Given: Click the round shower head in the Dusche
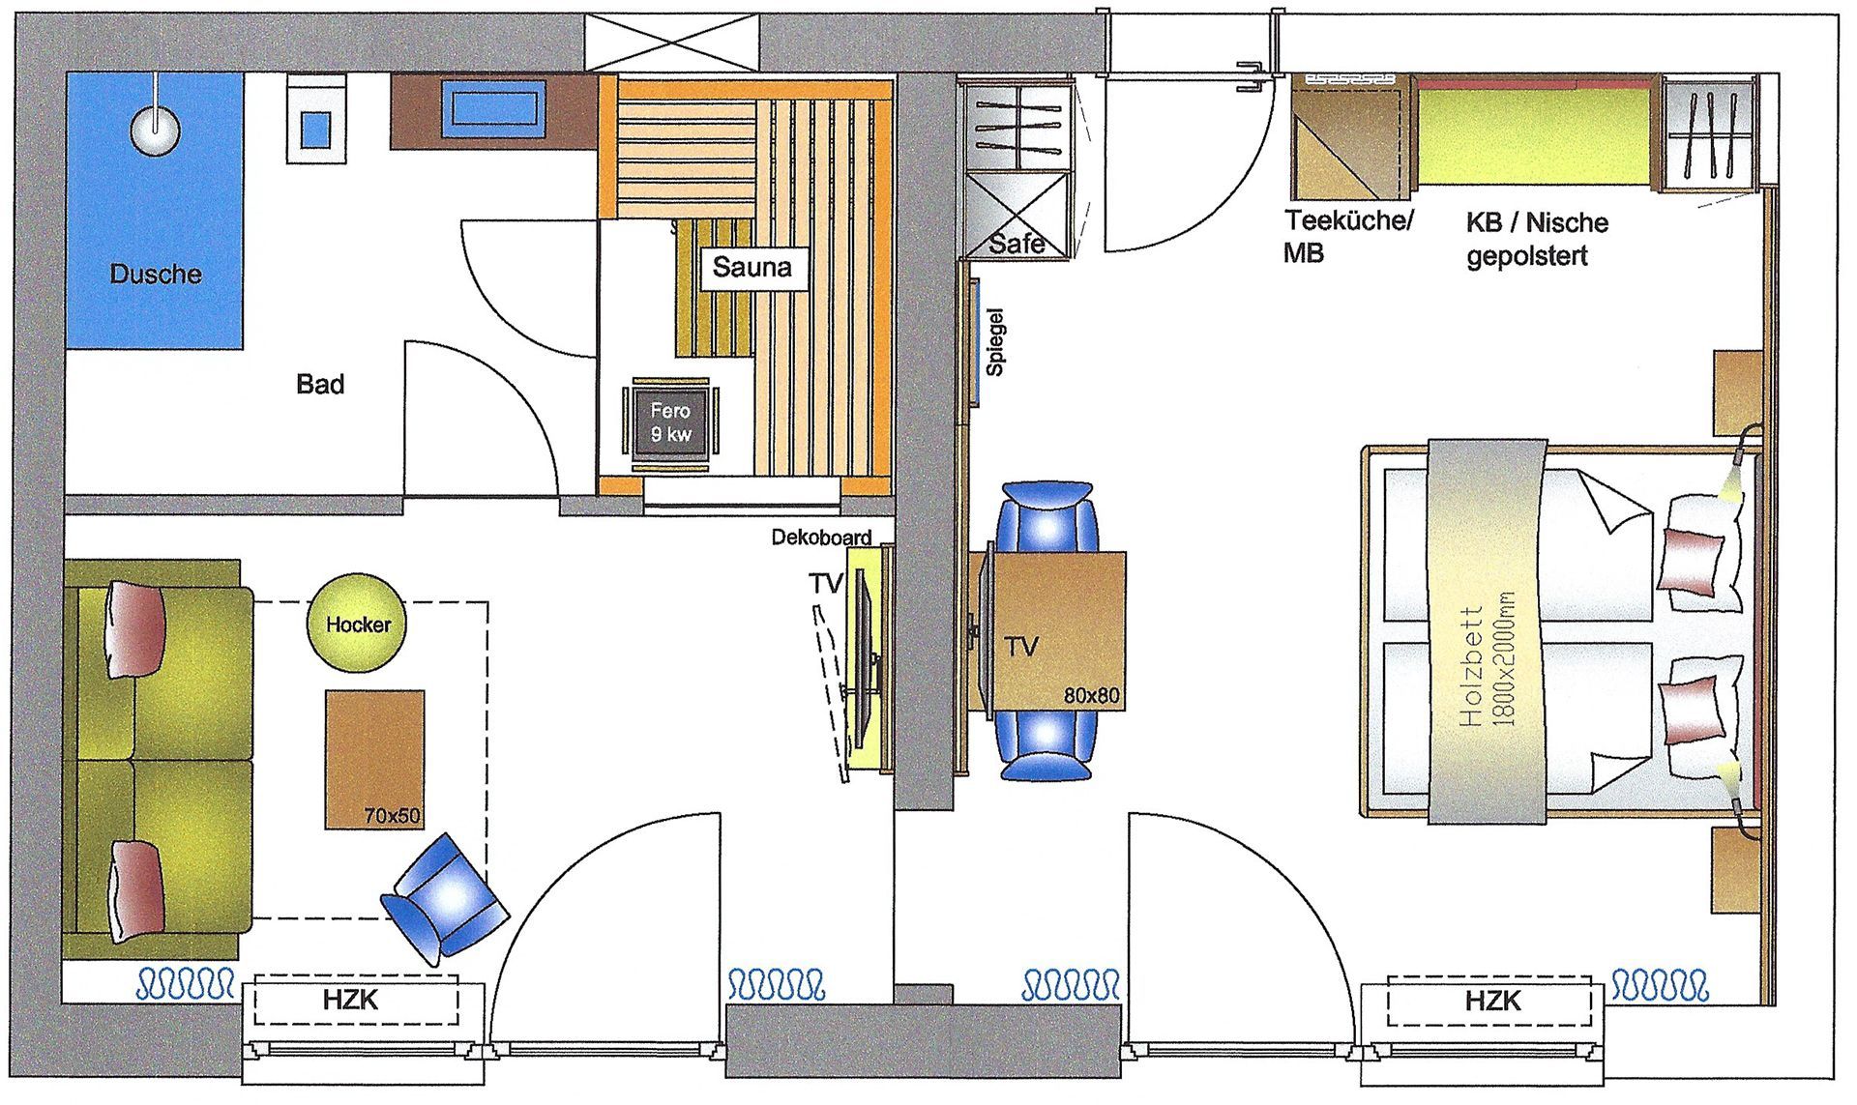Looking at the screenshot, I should tap(156, 129).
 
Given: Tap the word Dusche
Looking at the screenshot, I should tap(156, 274).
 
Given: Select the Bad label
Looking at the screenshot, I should tap(320, 385).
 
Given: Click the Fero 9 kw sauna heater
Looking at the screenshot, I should tap(670, 423).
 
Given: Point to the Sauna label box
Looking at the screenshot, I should tap(752, 267).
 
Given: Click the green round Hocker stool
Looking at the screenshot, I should tap(357, 624).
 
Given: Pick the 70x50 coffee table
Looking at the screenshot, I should tap(375, 758).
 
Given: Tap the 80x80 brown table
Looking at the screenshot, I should tap(1058, 630).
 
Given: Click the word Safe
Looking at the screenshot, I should tap(1017, 244).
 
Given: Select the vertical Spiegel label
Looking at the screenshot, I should tap(995, 342).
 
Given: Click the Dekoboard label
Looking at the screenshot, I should tap(821, 538).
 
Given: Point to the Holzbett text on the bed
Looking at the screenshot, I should tap(1472, 666).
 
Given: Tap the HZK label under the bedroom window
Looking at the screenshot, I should tap(1493, 1001).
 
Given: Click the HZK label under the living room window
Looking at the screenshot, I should tap(350, 1001).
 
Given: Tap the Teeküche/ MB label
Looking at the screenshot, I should tap(1347, 236).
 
